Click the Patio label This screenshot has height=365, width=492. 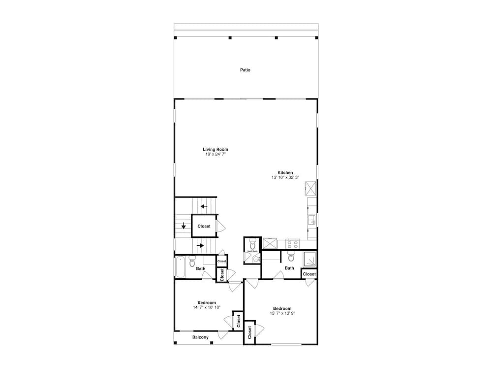pyautogui.click(x=245, y=70)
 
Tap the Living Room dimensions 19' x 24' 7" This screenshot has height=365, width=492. pyautogui.click(x=215, y=154)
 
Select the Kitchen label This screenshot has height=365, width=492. pyautogui.click(x=285, y=172)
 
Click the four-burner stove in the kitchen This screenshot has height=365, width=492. pyautogui.click(x=292, y=244)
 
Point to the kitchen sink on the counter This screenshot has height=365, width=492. pyautogui.click(x=311, y=220)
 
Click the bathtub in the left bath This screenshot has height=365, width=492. pyautogui.click(x=180, y=267)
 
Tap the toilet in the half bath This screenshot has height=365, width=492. pyautogui.click(x=252, y=243)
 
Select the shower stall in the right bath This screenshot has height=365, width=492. pyautogui.click(x=309, y=259)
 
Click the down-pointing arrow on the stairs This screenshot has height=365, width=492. pyautogui.click(x=184, y=226)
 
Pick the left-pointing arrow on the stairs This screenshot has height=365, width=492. pyautogui.click(x=204, y=206)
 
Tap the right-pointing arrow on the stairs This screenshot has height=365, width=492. pyautogui.click(x=201, y=245)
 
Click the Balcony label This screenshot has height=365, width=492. pyautogui.click(x=200, y=337)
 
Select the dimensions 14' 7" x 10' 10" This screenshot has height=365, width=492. pyautogui.click(x=207, y=307)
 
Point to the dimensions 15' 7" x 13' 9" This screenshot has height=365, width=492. pyautogui.click(x=282, y=313)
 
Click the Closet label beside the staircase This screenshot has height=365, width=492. pyautogui.click(x=204, y=226)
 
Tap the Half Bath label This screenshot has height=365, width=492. pyautogui.click(x=252, y=252)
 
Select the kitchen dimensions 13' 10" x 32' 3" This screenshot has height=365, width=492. pyautogui.click(x=285, y=177)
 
